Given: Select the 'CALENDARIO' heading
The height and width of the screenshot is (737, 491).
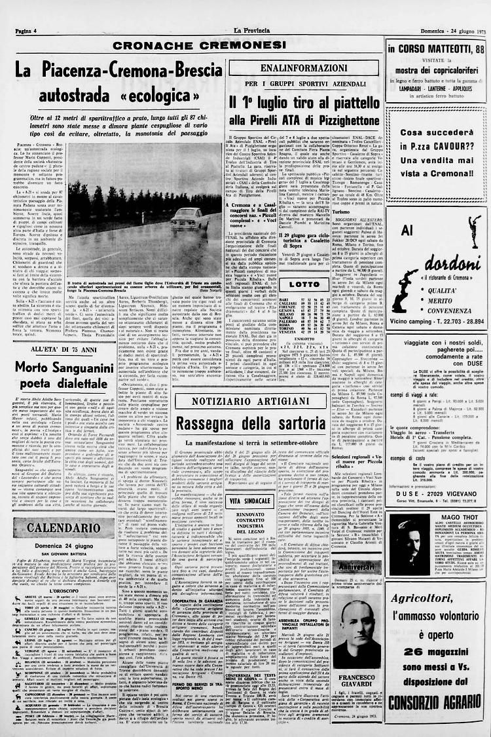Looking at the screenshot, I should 64,508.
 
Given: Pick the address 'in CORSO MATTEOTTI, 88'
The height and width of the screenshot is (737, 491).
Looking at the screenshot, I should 435,48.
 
